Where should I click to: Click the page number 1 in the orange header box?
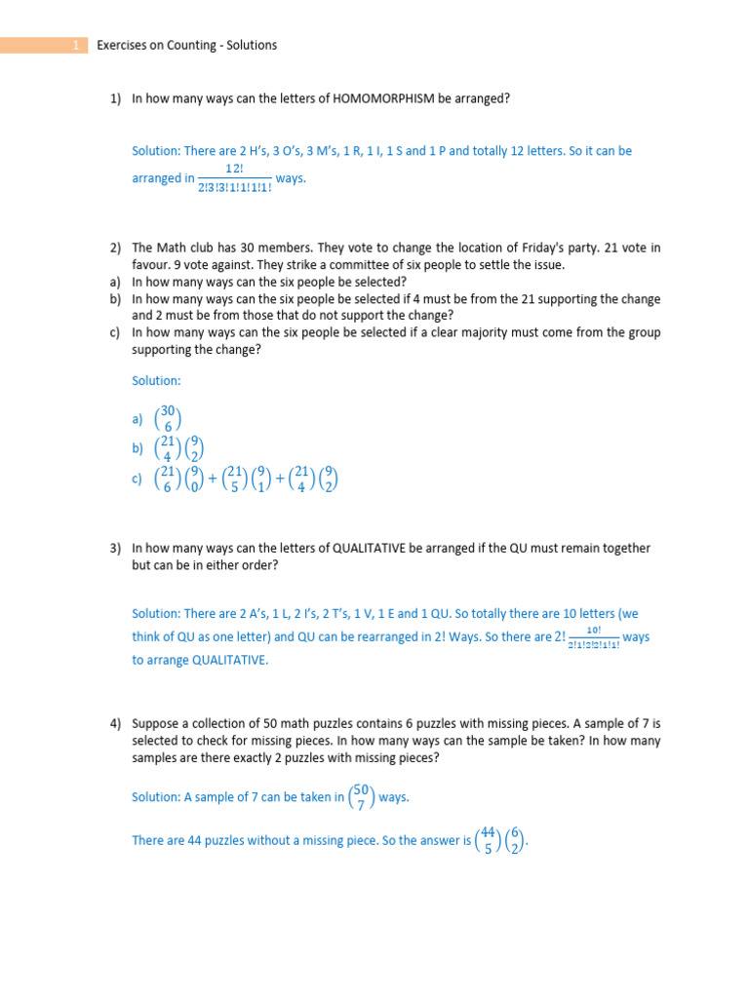pyautogui.click(x=76, y=45)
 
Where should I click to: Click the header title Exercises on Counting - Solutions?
pyautogui.click(x=187, y=45)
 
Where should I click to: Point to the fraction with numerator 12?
pyautogui.click(x=234, y=177)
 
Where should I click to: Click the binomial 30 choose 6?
pyautogui.click(x=170, y=419)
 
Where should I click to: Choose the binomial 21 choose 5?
pyautogui.click(x=235, y=479)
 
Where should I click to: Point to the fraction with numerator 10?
pyautogui.click(x=593, y=637)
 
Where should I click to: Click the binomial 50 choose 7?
pyautogui.click(x=362, y=796)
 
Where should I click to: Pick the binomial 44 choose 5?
pyautogui.click(x=489, y=839)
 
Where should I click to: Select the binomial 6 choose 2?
pyautogui.click(x=516, y=839)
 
